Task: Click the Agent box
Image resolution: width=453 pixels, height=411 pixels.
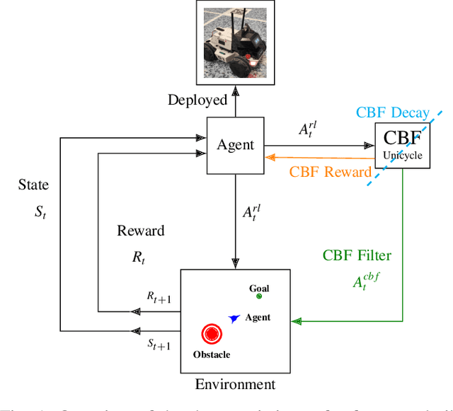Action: (x=235, y=145)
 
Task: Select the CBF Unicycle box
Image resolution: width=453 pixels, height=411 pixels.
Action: (x=401, y=146)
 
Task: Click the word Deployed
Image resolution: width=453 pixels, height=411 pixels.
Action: (x=197, y=100)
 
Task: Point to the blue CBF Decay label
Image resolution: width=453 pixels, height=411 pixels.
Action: (x=392, y=112)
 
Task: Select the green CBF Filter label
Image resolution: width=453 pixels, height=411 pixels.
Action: (x=357, y=255)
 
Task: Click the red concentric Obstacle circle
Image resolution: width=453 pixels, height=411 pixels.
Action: (x=211, y=334)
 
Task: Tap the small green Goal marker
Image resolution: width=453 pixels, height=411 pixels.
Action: (x=259, y=297)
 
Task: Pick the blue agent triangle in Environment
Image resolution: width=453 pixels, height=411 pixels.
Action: (x=233, y=319)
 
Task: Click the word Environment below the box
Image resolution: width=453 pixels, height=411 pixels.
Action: (x=234, y=385)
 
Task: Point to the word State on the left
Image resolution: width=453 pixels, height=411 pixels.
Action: (x=33, y=185)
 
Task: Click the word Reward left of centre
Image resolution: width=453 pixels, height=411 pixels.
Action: (x=140, y=231)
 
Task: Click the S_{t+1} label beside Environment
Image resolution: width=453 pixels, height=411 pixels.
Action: (x=159, y=344)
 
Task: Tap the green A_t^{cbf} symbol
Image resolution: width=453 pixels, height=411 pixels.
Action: (x=367, y=282)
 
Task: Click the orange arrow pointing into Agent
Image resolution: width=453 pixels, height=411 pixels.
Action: (x=269, y=158)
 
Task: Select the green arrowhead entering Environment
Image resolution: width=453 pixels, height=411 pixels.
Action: (x=297, y=320)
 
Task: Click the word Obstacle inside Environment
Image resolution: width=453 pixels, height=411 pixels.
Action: (x=211, y=354)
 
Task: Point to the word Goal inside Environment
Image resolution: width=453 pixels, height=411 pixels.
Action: (x=259, y=289)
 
